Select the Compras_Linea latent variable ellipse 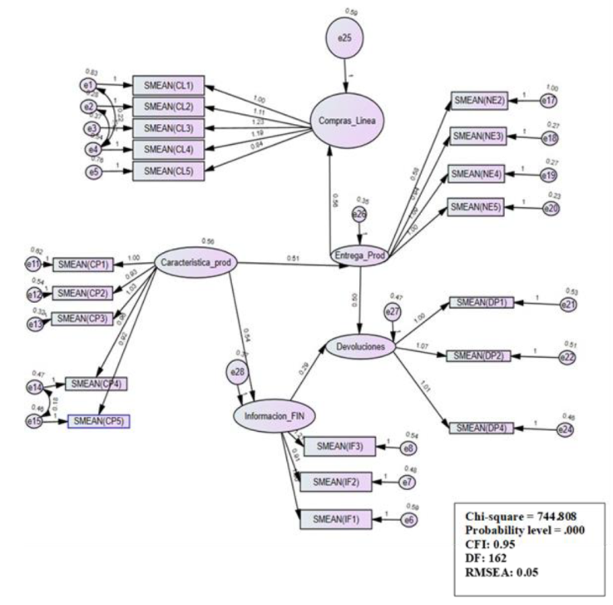(x=344, y=123)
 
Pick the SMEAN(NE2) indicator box (x=482, y=101)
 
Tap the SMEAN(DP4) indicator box (x=481, y=428)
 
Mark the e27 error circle (x=392, y=311)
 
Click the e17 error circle (x=548, y=101)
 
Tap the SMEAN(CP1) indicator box (x=88, y=265)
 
